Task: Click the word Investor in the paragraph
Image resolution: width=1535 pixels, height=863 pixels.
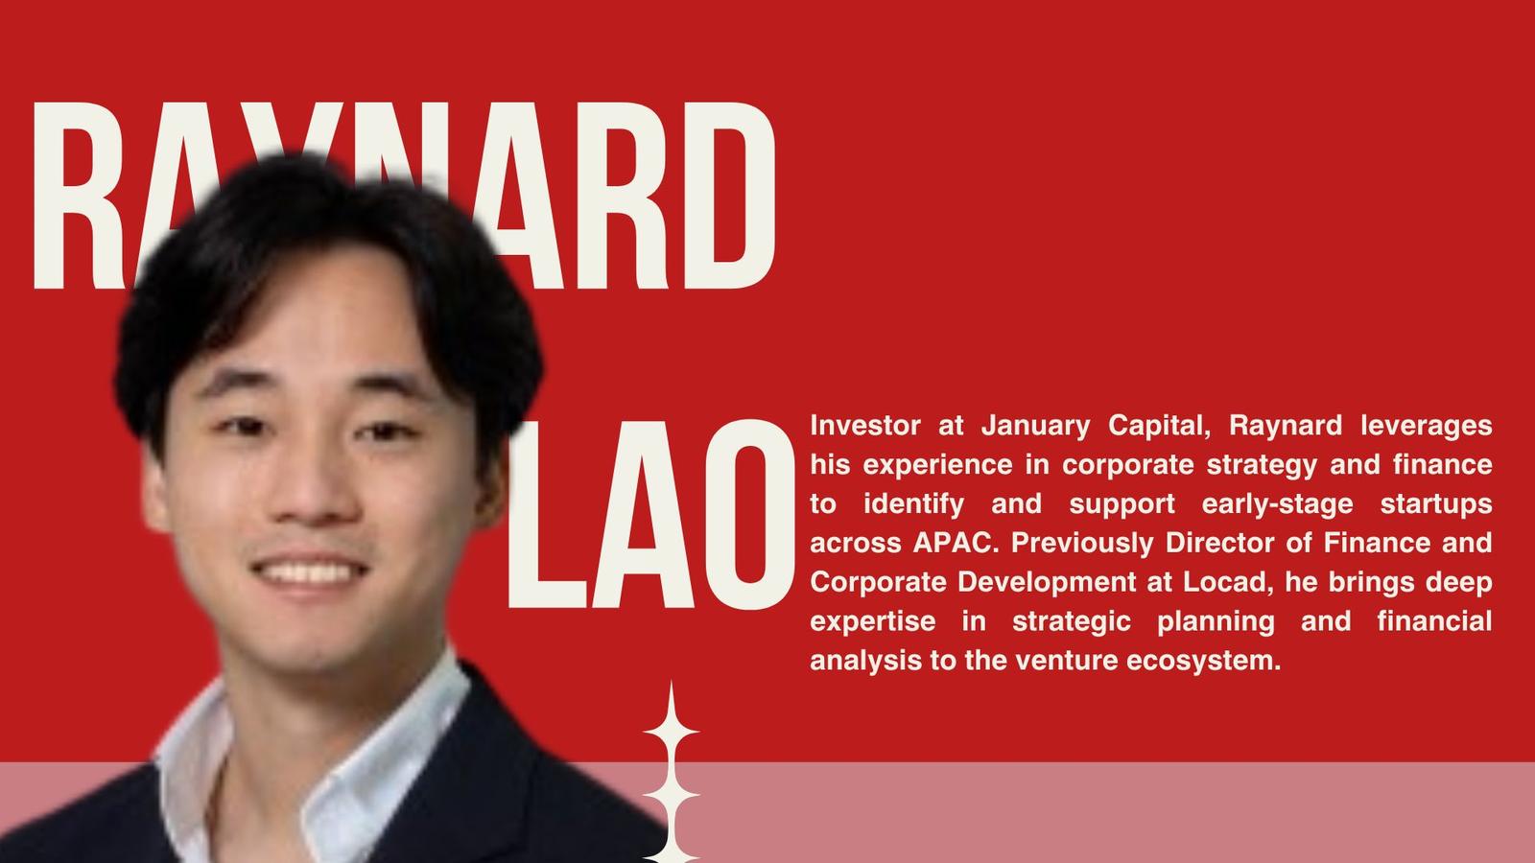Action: (864, 426)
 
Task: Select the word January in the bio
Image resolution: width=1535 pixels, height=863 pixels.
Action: (1035, 426)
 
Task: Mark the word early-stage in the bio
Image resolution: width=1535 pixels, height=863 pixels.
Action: (1277, 504)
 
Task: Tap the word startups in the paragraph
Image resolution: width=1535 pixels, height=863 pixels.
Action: (1435, 504)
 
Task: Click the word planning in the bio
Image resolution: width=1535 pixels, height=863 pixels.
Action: (1216, 622)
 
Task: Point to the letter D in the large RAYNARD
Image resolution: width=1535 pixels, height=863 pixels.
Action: (730, 196)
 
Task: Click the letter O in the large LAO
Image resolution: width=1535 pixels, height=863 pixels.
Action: (749, 514)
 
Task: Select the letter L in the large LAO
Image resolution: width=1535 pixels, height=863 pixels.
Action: (546, 514)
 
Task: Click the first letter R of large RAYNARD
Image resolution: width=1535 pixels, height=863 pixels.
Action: (79, 196)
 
